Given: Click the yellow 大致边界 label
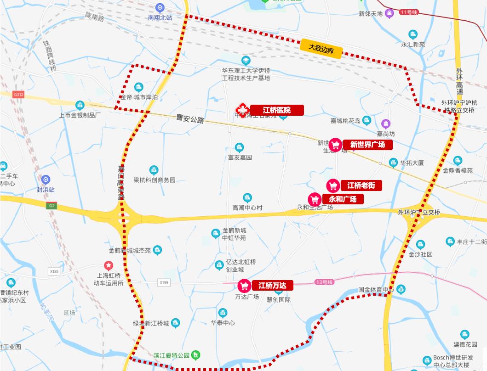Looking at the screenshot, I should (x=321, y=48).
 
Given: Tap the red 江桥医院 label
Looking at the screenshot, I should (x=277, y=110).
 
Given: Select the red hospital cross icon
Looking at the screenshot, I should (x=241, y=110).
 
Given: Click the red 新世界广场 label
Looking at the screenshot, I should (x=367, y=145).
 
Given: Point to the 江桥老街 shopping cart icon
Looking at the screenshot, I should (x=333, y=185).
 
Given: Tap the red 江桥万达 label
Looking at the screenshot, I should (x=272, y=285).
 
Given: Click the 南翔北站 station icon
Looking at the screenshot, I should (x=160, y=8).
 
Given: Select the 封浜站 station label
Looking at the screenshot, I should (x=46, y=189).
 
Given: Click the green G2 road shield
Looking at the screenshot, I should (x=52, y=206).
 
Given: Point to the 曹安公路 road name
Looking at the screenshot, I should (x=190, y=119).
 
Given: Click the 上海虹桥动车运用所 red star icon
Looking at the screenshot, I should (x=108, y=265).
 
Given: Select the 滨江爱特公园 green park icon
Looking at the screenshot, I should (x=196, y=355).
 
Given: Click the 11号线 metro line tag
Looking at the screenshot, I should (x=408, y=12).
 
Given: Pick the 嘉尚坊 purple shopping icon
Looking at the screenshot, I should (x=386, y=123).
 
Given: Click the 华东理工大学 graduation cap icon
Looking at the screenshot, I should (x=246, y=61).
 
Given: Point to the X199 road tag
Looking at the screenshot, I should (x=164, y=282).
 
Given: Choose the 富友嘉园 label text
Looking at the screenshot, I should (x=240, y=157).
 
